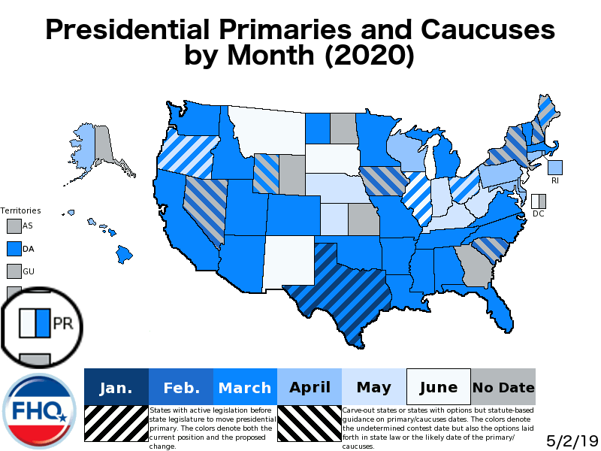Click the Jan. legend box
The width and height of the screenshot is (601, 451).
pyautogui.click(x=116, y=388)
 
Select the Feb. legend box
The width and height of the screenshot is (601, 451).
pyautogui.click(x=181, y=388)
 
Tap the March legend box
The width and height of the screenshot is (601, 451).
pyautogui.click(x=245, y=388)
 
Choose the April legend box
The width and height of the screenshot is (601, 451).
pyautogui.click(x=310, y=388)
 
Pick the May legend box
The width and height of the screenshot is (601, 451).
pyautogui.click(x=373, y=388)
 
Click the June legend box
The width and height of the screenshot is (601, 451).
pyautogui.click(x=438, y=388)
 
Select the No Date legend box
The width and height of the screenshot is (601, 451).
pyautogui.click(x=503, y=388)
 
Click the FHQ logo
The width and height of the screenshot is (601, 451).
pyautogui.click(x=39, y=410)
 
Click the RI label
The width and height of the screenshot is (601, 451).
pyautogui.click(x=555, y=181)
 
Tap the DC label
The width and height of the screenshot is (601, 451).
pyautogui.click(x=538, y=214)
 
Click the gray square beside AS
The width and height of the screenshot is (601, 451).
pyautogui.click(x=14, y=225)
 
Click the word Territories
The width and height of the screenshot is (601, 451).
pyautogui.click(x=20, y=210)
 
